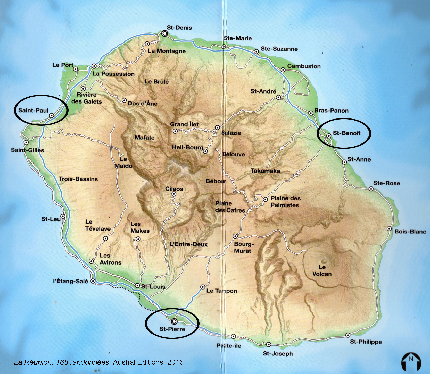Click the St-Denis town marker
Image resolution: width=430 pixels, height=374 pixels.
pyautogui.click(x=165, y=33)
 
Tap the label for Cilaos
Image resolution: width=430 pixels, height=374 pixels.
pyautogui.click(x=174, y=189)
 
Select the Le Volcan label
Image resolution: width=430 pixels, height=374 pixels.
pyautogui.click(x=322, y=270)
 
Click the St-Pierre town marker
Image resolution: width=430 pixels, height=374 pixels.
pyautogui.click(x=174, y=321)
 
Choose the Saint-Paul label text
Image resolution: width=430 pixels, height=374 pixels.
pyautogui.click(x=33, y=110)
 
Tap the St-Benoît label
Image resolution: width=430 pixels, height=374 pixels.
pyautogui.click(x=347, y=133)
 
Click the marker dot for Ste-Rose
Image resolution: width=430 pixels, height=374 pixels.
pyautogui.click(x=371, y=189)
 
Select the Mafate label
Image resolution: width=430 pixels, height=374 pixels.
pyautogui.click(x=145, y=138)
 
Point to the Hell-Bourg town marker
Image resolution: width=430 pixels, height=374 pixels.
pyautogui.click(x=205, y=151)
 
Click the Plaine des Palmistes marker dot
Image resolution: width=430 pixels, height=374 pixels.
pyautogui.click(x=265, y=199)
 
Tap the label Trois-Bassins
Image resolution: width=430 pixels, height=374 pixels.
pyautogui.click(x=78, y=179)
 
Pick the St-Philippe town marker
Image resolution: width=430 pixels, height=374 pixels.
pyautogui.click(x=348, y=335)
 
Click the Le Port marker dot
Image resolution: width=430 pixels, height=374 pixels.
pyautogui.click(x=76, y=69)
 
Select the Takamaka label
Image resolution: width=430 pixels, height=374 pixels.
pyautogui.click(x=265, y=171)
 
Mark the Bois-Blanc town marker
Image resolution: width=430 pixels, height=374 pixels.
pyautogui.click(x=389, y=228)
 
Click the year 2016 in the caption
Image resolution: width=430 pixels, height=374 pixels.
pyautogui.click(x=175, y=362)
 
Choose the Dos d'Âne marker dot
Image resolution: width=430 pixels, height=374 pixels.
pyautogui.click(x=124, y=100)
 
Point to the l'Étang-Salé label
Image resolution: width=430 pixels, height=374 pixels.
pyautogui.click(x=70, y=281)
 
